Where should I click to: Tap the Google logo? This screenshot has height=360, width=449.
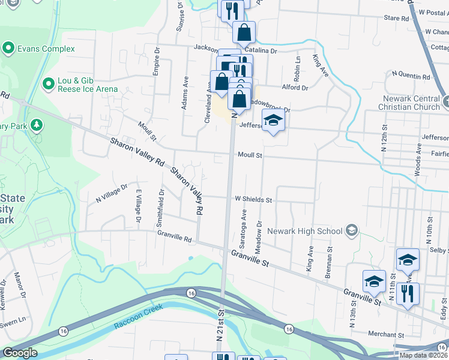pos(20,352)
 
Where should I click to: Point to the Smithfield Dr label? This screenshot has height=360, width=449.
pos(160,208)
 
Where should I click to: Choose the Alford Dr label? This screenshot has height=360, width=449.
pos(295,88)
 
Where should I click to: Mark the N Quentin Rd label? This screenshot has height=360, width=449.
pos(411,77)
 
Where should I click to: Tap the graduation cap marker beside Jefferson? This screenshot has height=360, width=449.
pos(273,122)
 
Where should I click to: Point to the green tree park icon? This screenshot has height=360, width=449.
pos(37,124)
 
